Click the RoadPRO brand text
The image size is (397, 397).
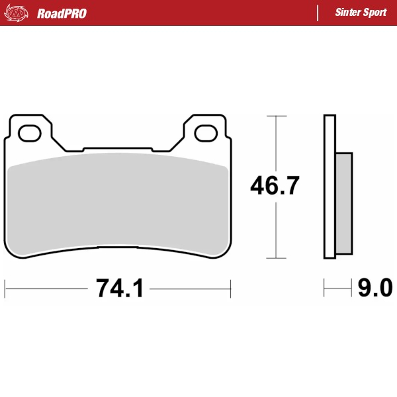pyautogui.click(x=62, y=13)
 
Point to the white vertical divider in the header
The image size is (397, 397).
pyautogui.click(x=318, y=13)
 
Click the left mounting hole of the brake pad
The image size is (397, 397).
pyautogui.click(x=30, y=134)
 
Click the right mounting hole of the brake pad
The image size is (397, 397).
pyautogui.click(x=206, y=134)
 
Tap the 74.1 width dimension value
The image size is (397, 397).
pyautogui.click(x=119, y=288)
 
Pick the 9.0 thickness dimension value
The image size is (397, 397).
pyautogui.click(x=375, y=288)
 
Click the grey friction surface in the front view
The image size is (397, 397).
pyautogui.click(x=119, y=202)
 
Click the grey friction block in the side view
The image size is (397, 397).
pyautogui.click(x=344, y=203)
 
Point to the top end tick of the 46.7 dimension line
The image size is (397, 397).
pyautogui.click(x=276, y=116)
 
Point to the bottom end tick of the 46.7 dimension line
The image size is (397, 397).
pyautogui.click(x=276, y=258)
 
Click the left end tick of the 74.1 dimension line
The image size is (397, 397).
pyautogui.click(x=5, y=288)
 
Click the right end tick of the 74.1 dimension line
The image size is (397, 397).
pyautogui.click(x=230, y=288)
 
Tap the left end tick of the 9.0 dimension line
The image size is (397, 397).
pyautogui.click(x=324, y=288)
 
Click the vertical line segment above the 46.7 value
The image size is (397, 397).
pyautogui.click(x=276, y=142)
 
